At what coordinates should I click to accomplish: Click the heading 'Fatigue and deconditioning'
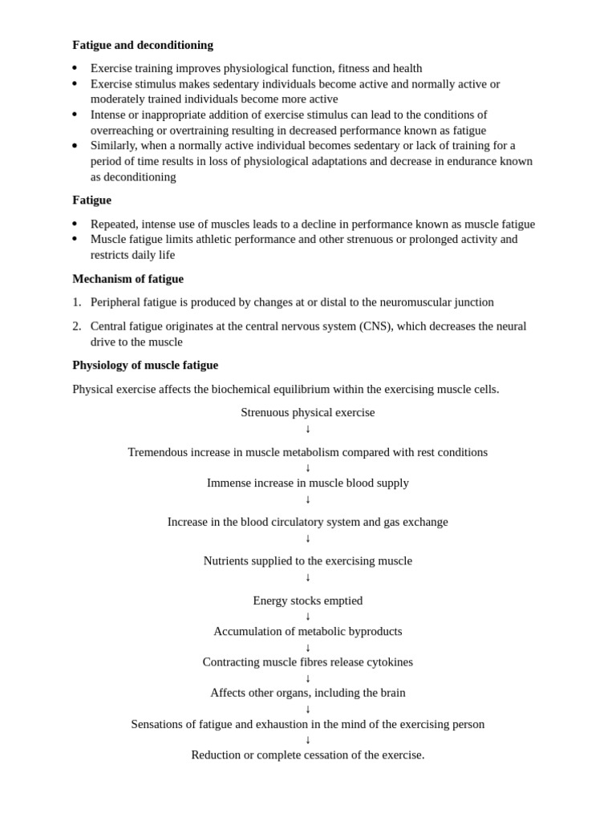click(x=143, y=45)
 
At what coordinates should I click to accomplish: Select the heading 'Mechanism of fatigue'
click(x=128, y=279)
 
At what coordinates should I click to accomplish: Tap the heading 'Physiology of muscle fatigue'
click(x=145, y=366)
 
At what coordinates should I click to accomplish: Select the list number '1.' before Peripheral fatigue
click(x=77, y=302)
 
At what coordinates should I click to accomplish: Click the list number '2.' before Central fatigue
click(x=77, y=326)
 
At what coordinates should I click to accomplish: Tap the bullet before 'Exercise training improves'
click(x=75, y=69)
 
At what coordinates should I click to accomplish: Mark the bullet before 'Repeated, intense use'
click(x=75, y=224)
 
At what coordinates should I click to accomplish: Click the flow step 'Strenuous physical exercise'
click(x=307, y=412)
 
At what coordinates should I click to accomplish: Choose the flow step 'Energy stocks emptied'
click(x=307, y=601)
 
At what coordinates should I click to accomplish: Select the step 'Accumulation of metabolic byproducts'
click(x=307, y=632)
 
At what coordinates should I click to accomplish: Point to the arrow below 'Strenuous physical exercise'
click(x=307, y=429)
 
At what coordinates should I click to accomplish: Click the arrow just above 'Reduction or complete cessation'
click(x=307, y=740)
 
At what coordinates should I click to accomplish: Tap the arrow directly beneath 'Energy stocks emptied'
click(x=307, y=617)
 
